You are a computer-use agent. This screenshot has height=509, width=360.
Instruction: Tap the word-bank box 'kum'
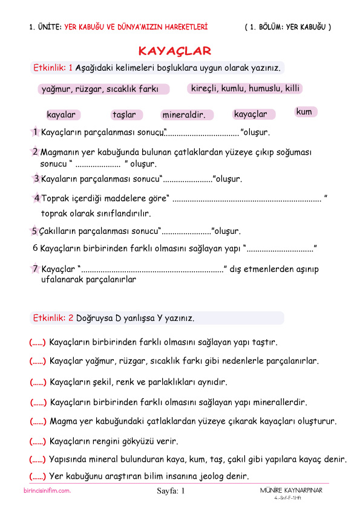click(x=305, y=112)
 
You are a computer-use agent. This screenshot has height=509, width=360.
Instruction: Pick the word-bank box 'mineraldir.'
click(x=184, y=115)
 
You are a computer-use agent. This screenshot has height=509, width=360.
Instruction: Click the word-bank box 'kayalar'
click(x=61, y=115)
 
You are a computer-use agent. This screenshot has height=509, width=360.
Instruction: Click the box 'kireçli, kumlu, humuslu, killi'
click(x=245, y=88)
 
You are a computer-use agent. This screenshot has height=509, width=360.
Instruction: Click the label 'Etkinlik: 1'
click(x=53, y=67)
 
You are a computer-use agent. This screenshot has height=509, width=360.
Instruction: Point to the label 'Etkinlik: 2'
click(x=53, y=318)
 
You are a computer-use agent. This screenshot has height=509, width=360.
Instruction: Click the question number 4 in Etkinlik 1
click(x=37, y=198)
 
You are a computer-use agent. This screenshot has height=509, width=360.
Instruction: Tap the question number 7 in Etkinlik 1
click(x=36, y=268)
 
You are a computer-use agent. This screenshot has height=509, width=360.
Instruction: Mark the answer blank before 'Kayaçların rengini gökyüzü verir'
click(x=38, y=441)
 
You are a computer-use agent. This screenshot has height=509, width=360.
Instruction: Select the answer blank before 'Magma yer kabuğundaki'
click(x=38, y=421)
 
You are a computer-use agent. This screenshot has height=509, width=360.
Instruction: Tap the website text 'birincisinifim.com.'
click(x=44, y=491)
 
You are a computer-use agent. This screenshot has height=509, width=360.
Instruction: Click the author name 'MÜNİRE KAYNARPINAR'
click(x=287, y=490)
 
